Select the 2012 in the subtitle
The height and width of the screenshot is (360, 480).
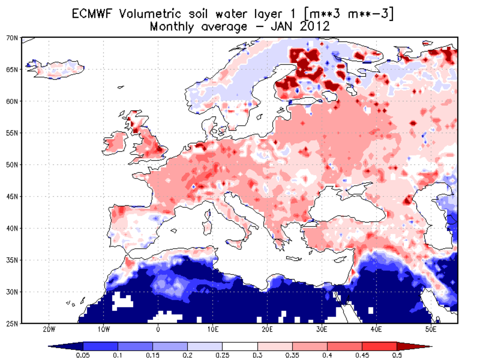coord(316,27)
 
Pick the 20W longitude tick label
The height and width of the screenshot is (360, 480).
coord(48,330)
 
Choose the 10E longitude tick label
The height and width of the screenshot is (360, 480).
coord(212,330)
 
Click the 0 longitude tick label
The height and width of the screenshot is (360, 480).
coord(158,330)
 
